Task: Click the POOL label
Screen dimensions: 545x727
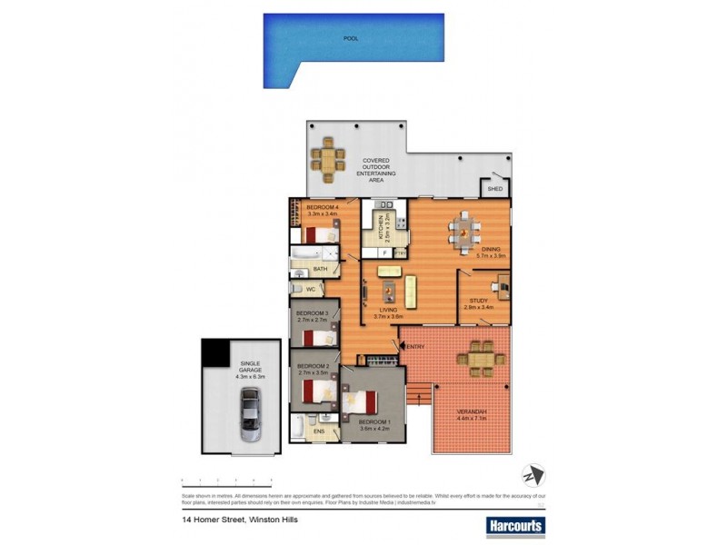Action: [350, 39]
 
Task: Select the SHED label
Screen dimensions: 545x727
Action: [495, 189]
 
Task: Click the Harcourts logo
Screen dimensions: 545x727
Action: [515, 525]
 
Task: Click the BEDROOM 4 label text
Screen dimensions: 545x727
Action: [322, 207]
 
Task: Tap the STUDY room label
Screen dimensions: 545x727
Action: [478, 301]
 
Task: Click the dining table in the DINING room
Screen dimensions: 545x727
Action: [463, 232]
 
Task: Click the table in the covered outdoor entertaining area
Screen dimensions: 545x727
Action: [327, 162]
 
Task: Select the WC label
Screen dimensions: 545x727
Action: [310, 290]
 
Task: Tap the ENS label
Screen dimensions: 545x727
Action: [318, 432]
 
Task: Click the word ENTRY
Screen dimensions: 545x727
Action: [415, 347]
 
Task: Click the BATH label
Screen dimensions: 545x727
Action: [320, 269]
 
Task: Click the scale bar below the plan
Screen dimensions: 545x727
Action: [226, 479]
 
